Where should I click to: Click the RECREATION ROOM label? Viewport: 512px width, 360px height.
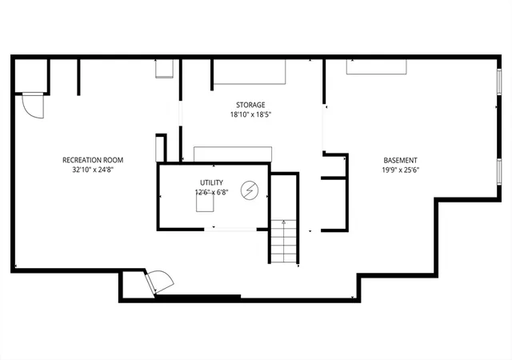pyautogui.click(x=93, y=160)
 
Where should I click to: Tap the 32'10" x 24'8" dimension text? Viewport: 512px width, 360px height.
pyautogui.click(x=93, y=170)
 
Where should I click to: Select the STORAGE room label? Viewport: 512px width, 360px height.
pyautogui.click(x=250, y=105)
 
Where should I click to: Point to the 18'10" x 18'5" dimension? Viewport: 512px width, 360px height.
pyautogui.click(x=250, y=114)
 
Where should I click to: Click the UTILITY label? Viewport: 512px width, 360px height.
pyautogui.click(x=211, y=182)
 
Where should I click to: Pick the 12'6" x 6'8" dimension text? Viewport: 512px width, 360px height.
pyautogui.click(x=211, y=192)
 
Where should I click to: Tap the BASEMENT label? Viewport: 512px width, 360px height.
pyautogui.click(x=400, y=160)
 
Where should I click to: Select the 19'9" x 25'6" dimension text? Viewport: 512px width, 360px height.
pyautogui.click(x=400, y=170)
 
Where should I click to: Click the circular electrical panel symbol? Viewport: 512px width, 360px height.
pyautogui.click(x=250, y=190)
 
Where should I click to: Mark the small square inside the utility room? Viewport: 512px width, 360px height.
pyautogui.click(x=205, y=203)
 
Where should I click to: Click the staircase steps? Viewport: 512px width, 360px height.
pyautogui.click(x=284, y=242)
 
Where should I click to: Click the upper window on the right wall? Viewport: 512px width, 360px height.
pyautogui.click(x=499, y=81)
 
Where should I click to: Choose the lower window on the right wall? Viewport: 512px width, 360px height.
pyautogui.click(x=499, y=171)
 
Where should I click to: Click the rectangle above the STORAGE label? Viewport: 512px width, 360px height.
pyautogui.click(x=250, y=72)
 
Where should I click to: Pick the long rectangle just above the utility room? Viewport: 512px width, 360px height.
pyautogui.click(x=233, y=154)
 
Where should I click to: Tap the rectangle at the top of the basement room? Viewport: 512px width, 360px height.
pyautogui.click(x=376, y=67)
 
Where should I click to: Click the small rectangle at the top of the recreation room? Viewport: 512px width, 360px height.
pyautogui.click(x=164, y=69)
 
